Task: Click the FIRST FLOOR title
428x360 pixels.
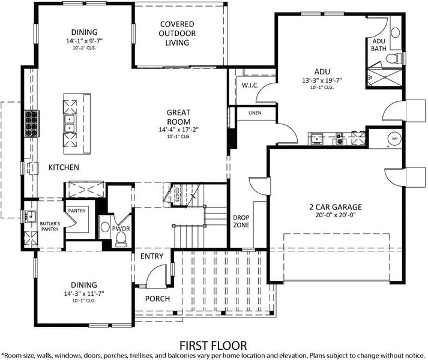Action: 213,346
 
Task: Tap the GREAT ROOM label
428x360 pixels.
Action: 178,117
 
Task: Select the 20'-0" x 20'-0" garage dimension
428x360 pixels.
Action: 336,215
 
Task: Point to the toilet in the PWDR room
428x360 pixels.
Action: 121,239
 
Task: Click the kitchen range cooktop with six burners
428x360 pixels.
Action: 32,124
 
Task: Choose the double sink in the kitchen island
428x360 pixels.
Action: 70,124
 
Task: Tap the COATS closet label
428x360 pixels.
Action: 177,194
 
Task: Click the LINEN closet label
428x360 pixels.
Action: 255,113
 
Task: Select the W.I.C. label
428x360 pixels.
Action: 250,85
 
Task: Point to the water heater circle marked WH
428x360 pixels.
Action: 394,139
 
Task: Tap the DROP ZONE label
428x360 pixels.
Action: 241,221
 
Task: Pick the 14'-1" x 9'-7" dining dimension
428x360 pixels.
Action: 85,41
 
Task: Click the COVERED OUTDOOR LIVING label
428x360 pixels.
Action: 177,33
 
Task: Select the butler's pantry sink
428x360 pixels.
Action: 31,217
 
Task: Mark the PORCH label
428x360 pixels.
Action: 157,299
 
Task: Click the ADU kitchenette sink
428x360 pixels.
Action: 316,139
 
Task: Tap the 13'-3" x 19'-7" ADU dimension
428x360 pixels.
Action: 322,81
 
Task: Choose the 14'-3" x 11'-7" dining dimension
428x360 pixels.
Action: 84,294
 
